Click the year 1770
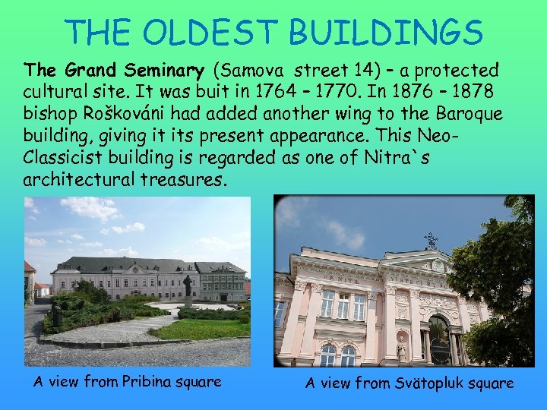pyautogui.click(x=341, y=92)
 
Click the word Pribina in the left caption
pyautogui.click(x=147, y=382)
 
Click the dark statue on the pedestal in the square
pyautogui.click(x=187, y=288)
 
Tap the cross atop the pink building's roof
pyautogui.click(x=431, y=241)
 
